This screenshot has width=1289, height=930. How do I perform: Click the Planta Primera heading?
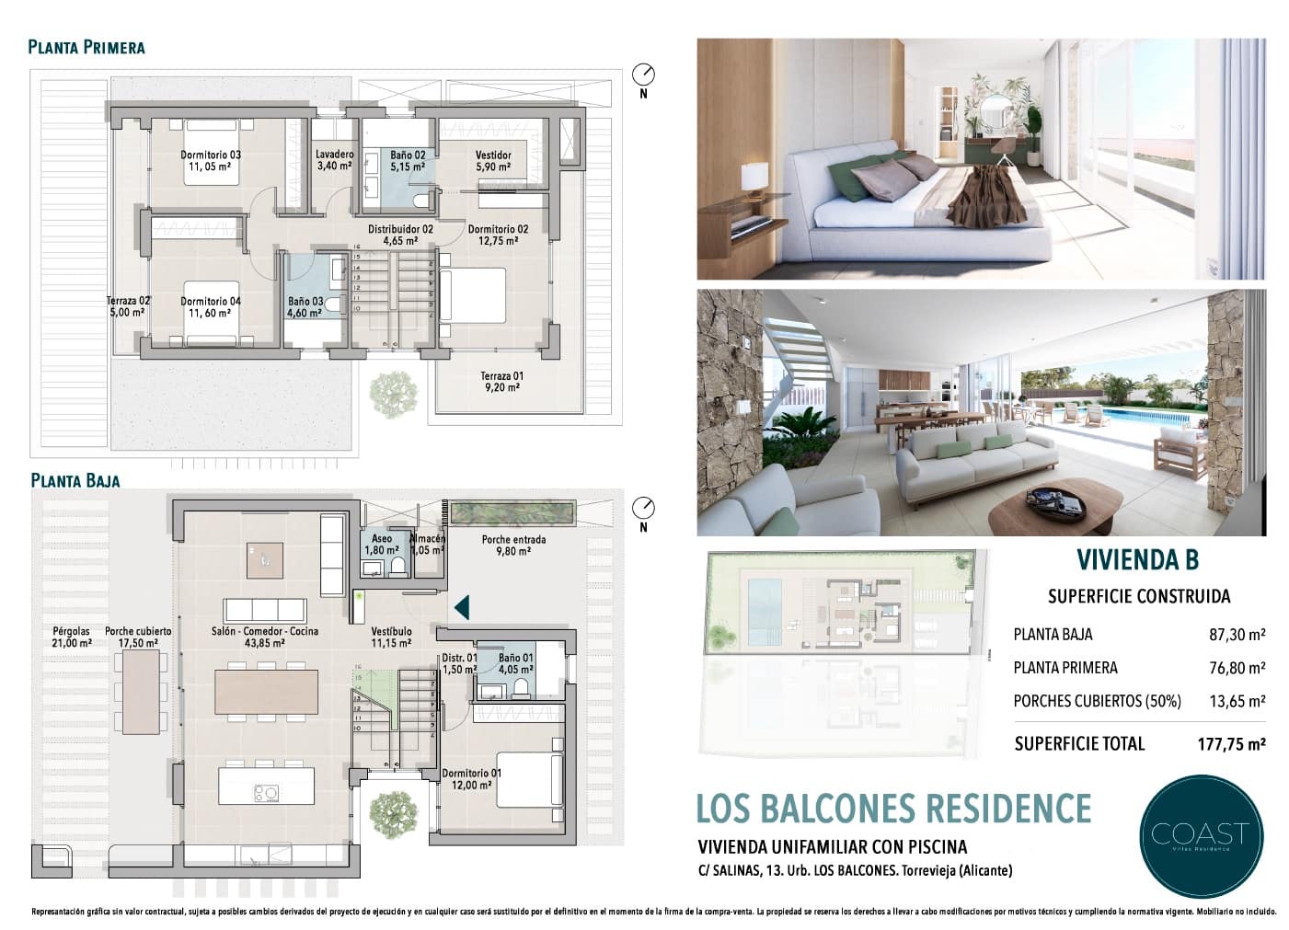coord(86,47)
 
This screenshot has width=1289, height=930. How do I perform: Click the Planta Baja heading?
coord(75,480)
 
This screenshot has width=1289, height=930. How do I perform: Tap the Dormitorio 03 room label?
coord(211,161)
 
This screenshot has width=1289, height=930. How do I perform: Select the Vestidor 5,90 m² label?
coord(493,161)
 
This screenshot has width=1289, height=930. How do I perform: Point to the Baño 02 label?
coord(407,161)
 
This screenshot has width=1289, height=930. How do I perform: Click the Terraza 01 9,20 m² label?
coord(501,382)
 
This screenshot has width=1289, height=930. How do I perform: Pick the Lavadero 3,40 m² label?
coord(334,160)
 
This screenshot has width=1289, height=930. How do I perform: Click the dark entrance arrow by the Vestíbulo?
coord(462,606)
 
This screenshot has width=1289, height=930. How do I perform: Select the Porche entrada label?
coord(513,545)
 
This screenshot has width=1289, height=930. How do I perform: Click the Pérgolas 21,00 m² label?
coord(72,637)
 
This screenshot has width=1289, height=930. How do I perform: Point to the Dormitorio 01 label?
coord(471,779)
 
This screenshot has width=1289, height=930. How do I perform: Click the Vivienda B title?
coord(1137,560)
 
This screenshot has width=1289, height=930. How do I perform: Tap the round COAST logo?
coord(1200,833)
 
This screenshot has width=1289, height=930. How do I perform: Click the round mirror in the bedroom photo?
coord(995,113)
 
